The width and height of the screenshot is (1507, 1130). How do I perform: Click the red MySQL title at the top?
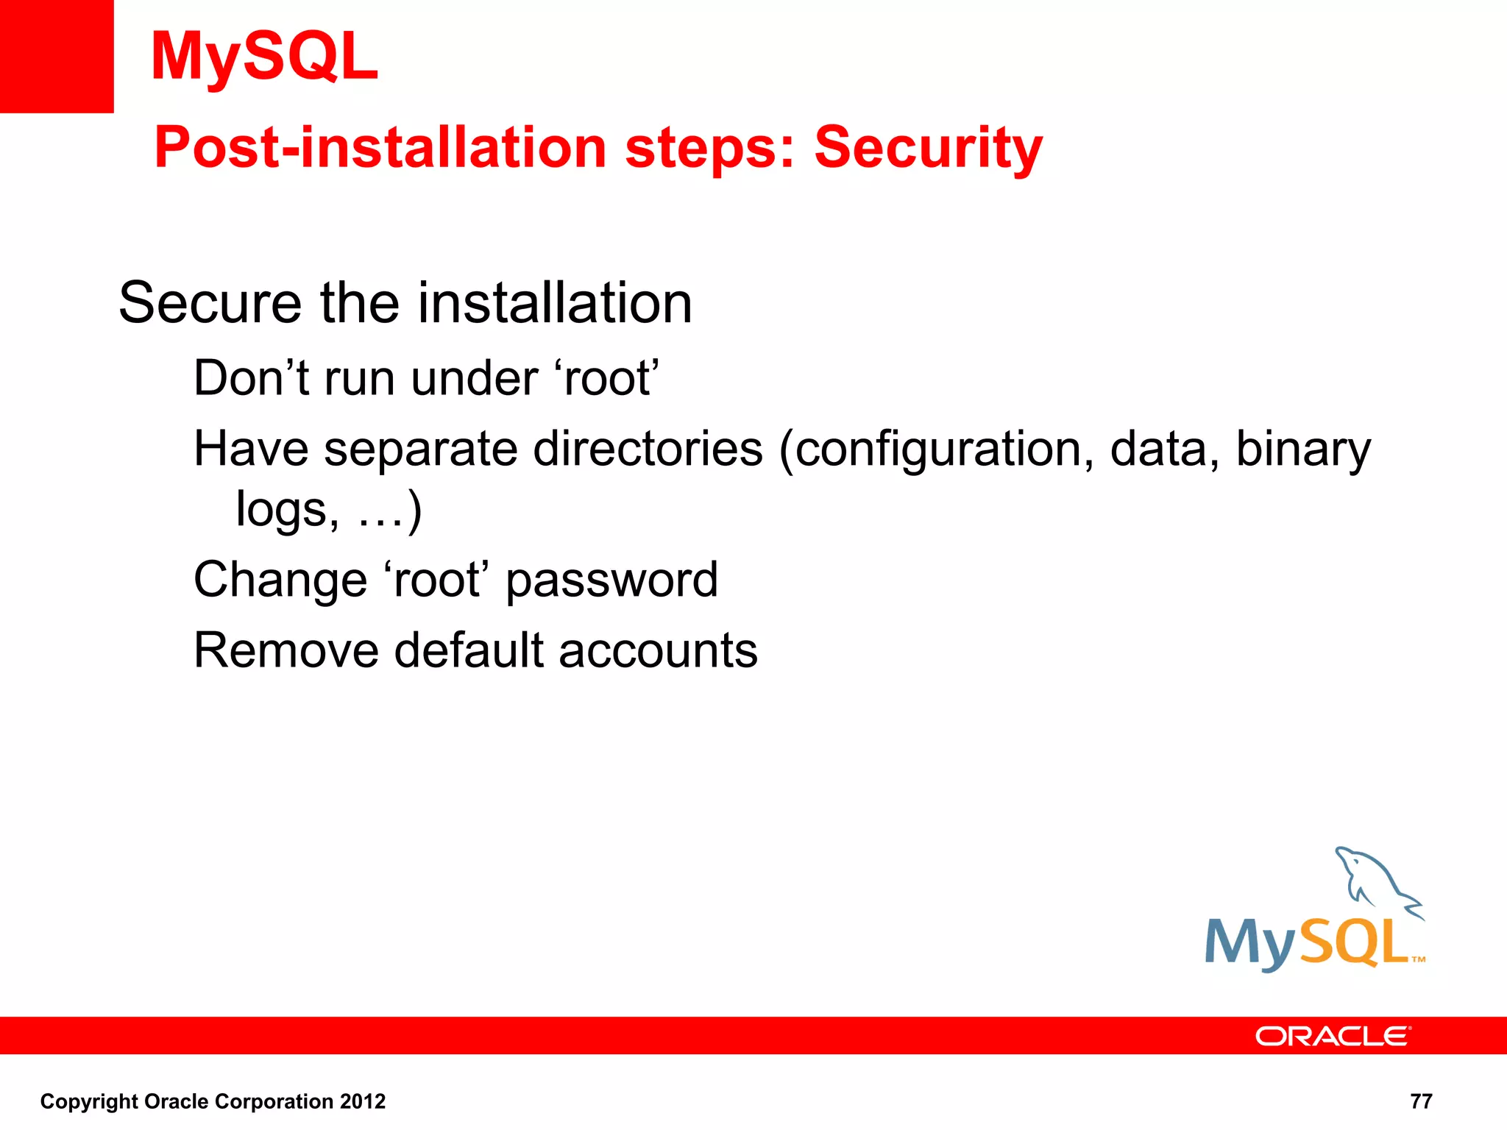(x=264, y=57)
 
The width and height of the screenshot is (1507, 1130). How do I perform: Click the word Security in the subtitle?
(x=928, y=147)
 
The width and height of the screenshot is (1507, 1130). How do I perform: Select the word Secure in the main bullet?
(x=210, y=303)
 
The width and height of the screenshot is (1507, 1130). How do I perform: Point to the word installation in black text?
(x=555, y=303)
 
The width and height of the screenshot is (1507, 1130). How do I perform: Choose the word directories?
(x=648, y=449)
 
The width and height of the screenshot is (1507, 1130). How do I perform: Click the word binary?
(x=1302, y=450)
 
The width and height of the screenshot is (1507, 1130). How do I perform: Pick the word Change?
(x=280, y=580)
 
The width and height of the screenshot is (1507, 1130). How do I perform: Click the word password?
(x=611, y=580)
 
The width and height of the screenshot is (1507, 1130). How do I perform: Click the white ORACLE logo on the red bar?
(x=1332, y=1036)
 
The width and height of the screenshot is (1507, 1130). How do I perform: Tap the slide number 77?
(x=1421, y=1101)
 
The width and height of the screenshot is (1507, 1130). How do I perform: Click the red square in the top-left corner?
(x=57, y=57)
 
